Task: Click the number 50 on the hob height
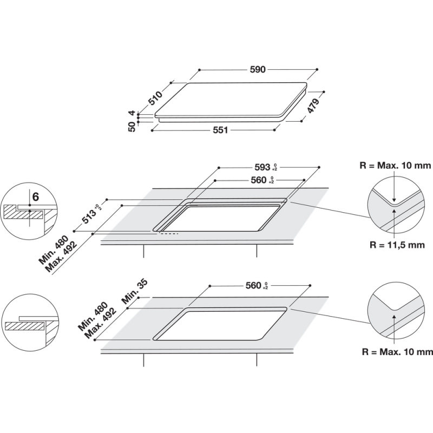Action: (x=132, y=128)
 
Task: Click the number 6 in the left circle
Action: (x=35, y=197)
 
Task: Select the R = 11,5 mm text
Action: (x=397, y=244)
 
